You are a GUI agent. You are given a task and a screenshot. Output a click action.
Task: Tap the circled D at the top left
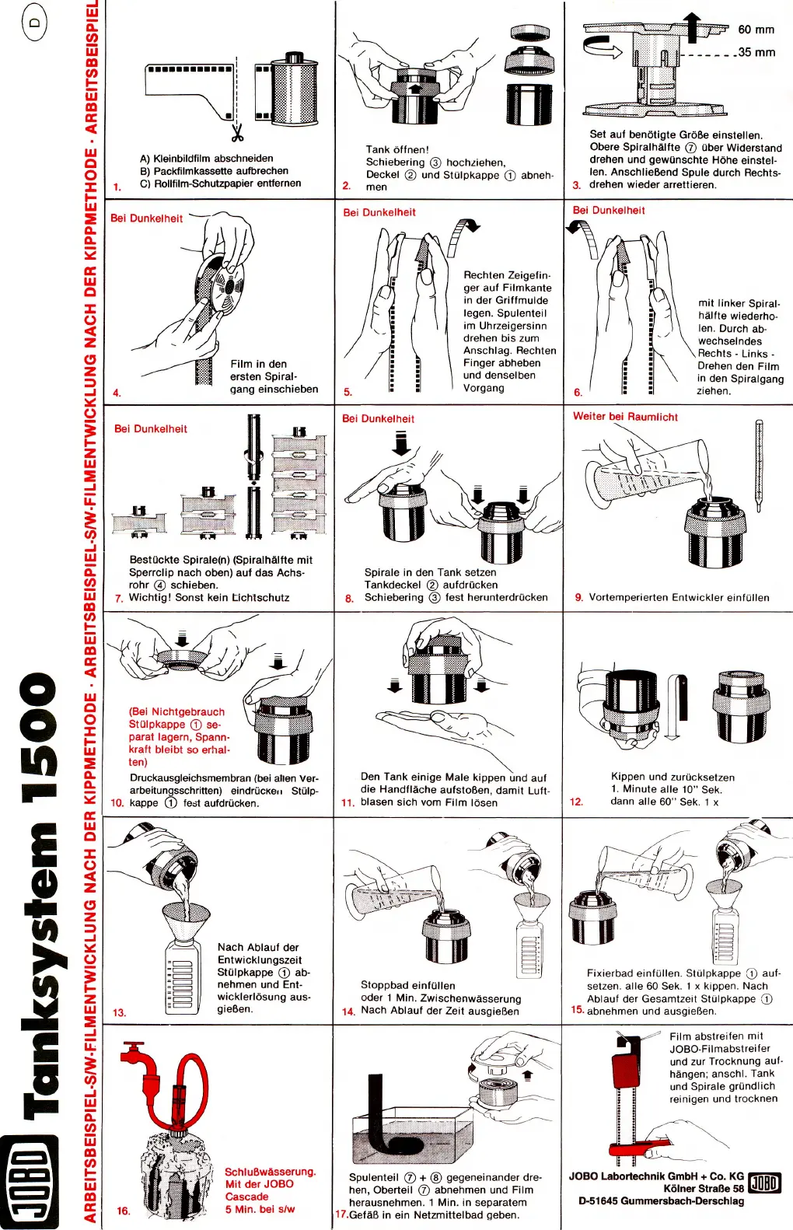34,23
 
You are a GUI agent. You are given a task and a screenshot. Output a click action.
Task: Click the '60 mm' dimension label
756,30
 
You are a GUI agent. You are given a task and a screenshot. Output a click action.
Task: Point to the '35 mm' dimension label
756,52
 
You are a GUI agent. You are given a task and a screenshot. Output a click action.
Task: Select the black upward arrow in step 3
693,25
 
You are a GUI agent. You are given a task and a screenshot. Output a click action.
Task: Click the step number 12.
576,802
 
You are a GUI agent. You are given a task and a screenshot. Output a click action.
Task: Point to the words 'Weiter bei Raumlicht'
625,417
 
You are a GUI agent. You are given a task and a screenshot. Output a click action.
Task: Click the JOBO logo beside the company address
764,1183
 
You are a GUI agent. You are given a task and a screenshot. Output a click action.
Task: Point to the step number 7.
119,598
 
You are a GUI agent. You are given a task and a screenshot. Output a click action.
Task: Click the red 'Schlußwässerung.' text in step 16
270,1172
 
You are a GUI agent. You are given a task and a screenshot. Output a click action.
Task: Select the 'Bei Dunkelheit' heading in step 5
379,212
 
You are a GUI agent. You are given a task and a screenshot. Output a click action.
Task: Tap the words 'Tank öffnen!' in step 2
397,149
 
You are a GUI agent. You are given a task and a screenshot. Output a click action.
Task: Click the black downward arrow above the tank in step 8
401,443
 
